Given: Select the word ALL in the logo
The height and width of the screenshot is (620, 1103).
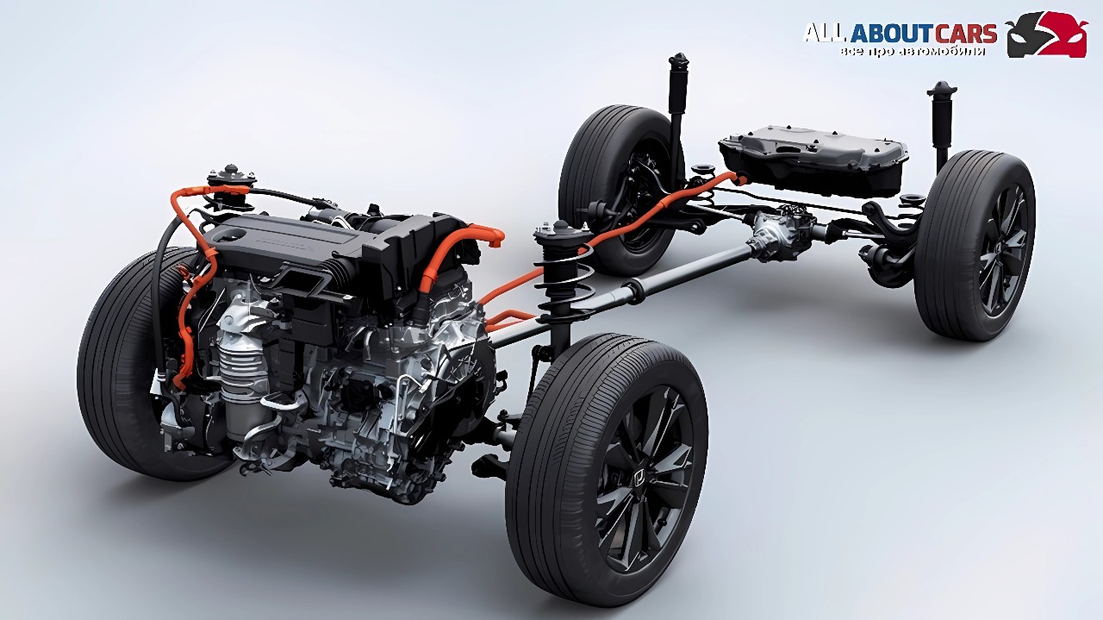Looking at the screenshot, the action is (x=826, y=34).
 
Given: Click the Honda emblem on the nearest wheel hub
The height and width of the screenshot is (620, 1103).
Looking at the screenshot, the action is (x=639, y=477).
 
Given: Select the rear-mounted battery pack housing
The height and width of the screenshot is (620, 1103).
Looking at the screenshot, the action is (x=813, y=158).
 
